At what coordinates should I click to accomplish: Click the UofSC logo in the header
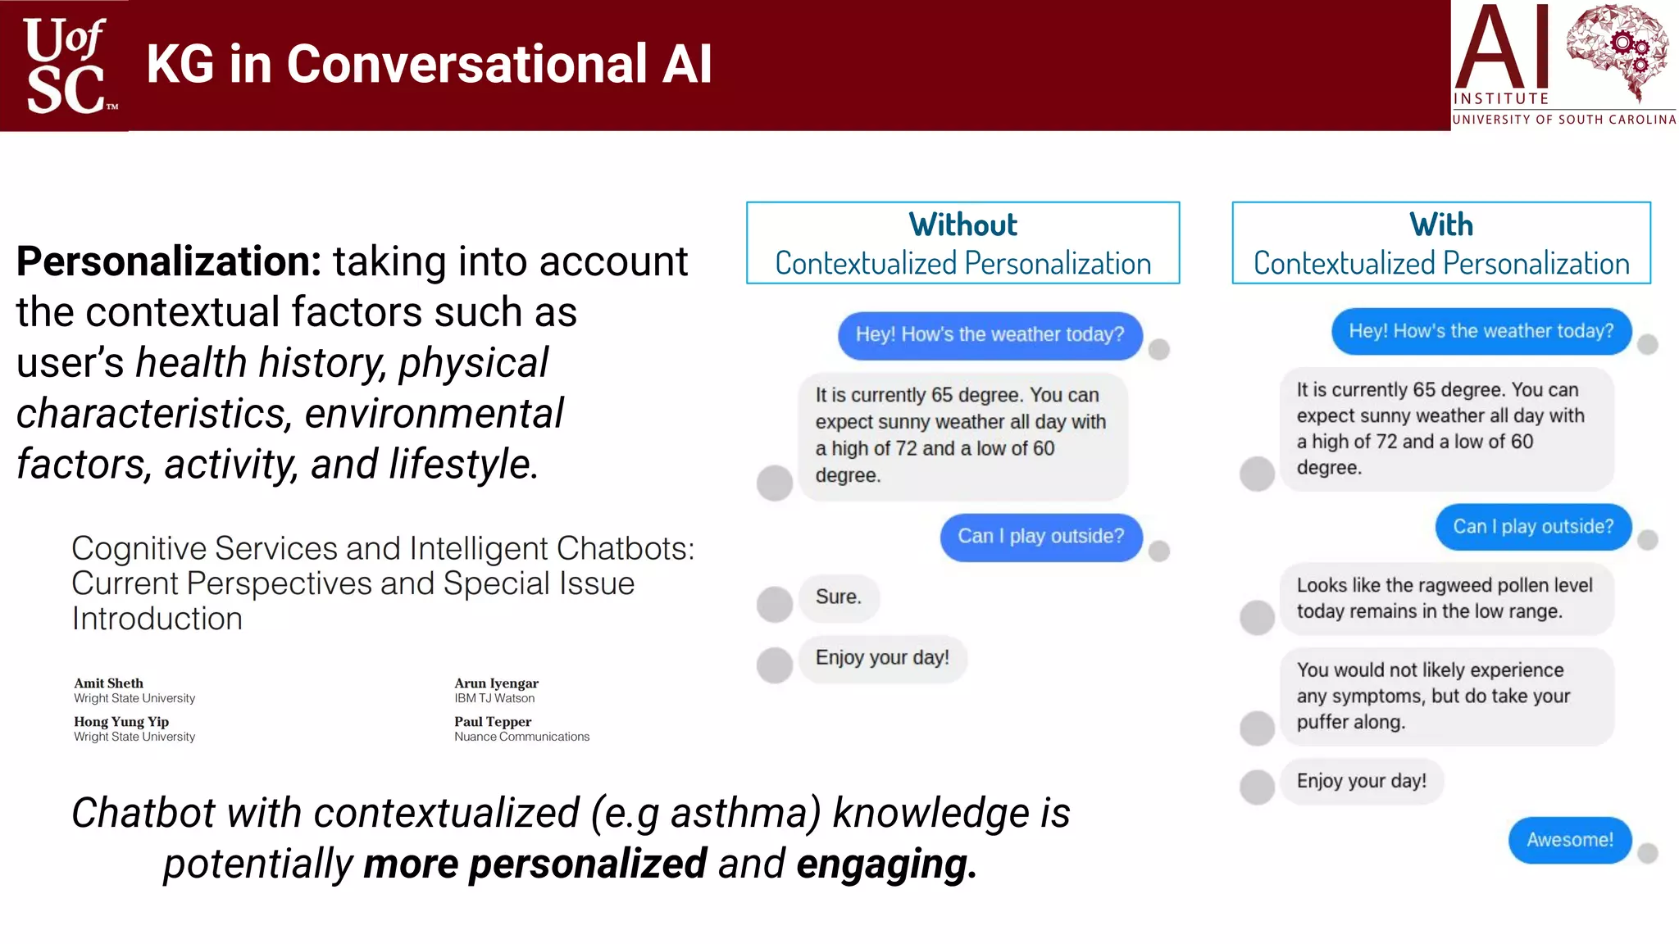pos(66,66)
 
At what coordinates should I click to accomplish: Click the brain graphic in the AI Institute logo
pos(1616,51)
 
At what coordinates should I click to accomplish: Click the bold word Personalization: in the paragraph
pos(169,261)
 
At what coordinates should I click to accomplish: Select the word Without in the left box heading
pos(962,225)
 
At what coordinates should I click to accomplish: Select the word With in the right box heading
pos(1440,225)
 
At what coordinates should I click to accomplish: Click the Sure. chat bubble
pos(838,597)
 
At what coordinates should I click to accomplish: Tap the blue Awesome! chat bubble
pos(1569,840)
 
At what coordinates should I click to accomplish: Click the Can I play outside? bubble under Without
pos(1040,537)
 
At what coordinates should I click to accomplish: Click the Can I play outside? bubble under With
pos(1532,527)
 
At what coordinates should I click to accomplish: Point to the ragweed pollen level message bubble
pos(1445,598)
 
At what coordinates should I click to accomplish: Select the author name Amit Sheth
pos(108,683)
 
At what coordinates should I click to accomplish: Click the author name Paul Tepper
pos(493,721)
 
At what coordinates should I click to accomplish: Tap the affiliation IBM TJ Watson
pos(494,698)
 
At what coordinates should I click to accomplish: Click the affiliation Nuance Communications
pos(521,737)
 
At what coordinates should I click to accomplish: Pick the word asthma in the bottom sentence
pos(745,814)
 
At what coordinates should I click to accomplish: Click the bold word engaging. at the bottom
pos(886,865)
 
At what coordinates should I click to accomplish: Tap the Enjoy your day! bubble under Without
pos(882,658)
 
